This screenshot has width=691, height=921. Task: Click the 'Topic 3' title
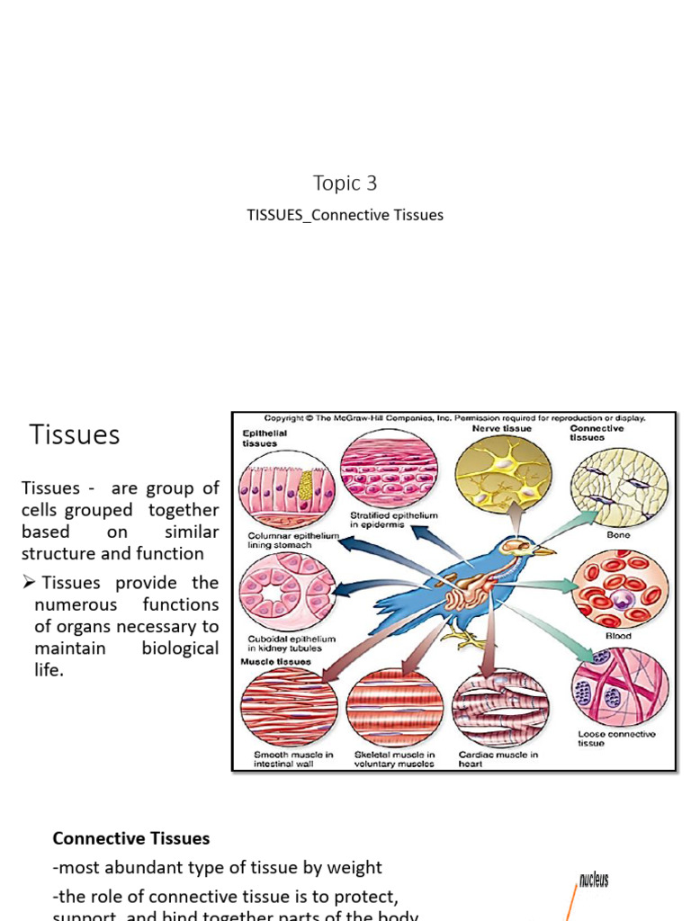point(345,183)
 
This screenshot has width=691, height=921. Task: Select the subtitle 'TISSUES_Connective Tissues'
point(345,216)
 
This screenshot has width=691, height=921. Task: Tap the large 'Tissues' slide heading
point(75,435)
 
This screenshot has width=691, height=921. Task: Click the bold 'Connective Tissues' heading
point(131,838)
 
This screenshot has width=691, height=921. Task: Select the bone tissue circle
point(620,487)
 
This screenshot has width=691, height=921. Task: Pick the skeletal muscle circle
point(393,707)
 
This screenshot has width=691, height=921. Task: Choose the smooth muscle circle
point(288,707)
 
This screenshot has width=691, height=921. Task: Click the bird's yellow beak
point(544,550)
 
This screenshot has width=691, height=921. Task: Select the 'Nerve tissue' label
point(501,429)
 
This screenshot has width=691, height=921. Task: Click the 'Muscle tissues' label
point(275,661)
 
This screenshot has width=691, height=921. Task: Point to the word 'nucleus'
point(594,880)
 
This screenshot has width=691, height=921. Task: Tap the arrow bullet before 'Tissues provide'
point(30,583)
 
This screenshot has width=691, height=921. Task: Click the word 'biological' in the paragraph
point(180,648)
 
